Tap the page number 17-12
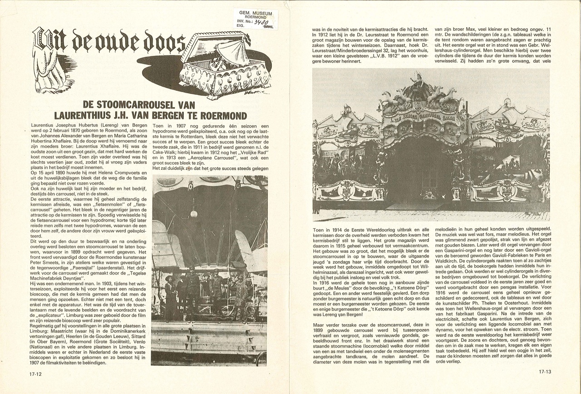click(36, 374)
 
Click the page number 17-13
click(545, 372)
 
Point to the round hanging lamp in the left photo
click(194, 213)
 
